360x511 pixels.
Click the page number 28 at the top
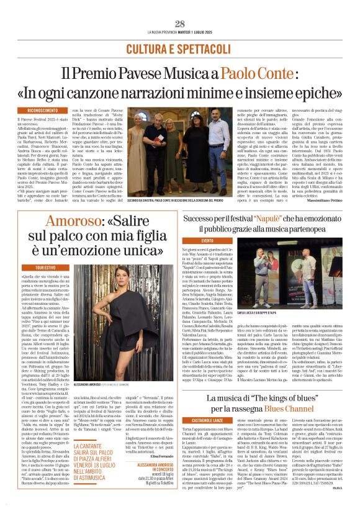[180, 24]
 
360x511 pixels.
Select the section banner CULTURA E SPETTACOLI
[179, 48]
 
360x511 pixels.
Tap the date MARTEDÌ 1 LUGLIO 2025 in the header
[204, 33]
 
